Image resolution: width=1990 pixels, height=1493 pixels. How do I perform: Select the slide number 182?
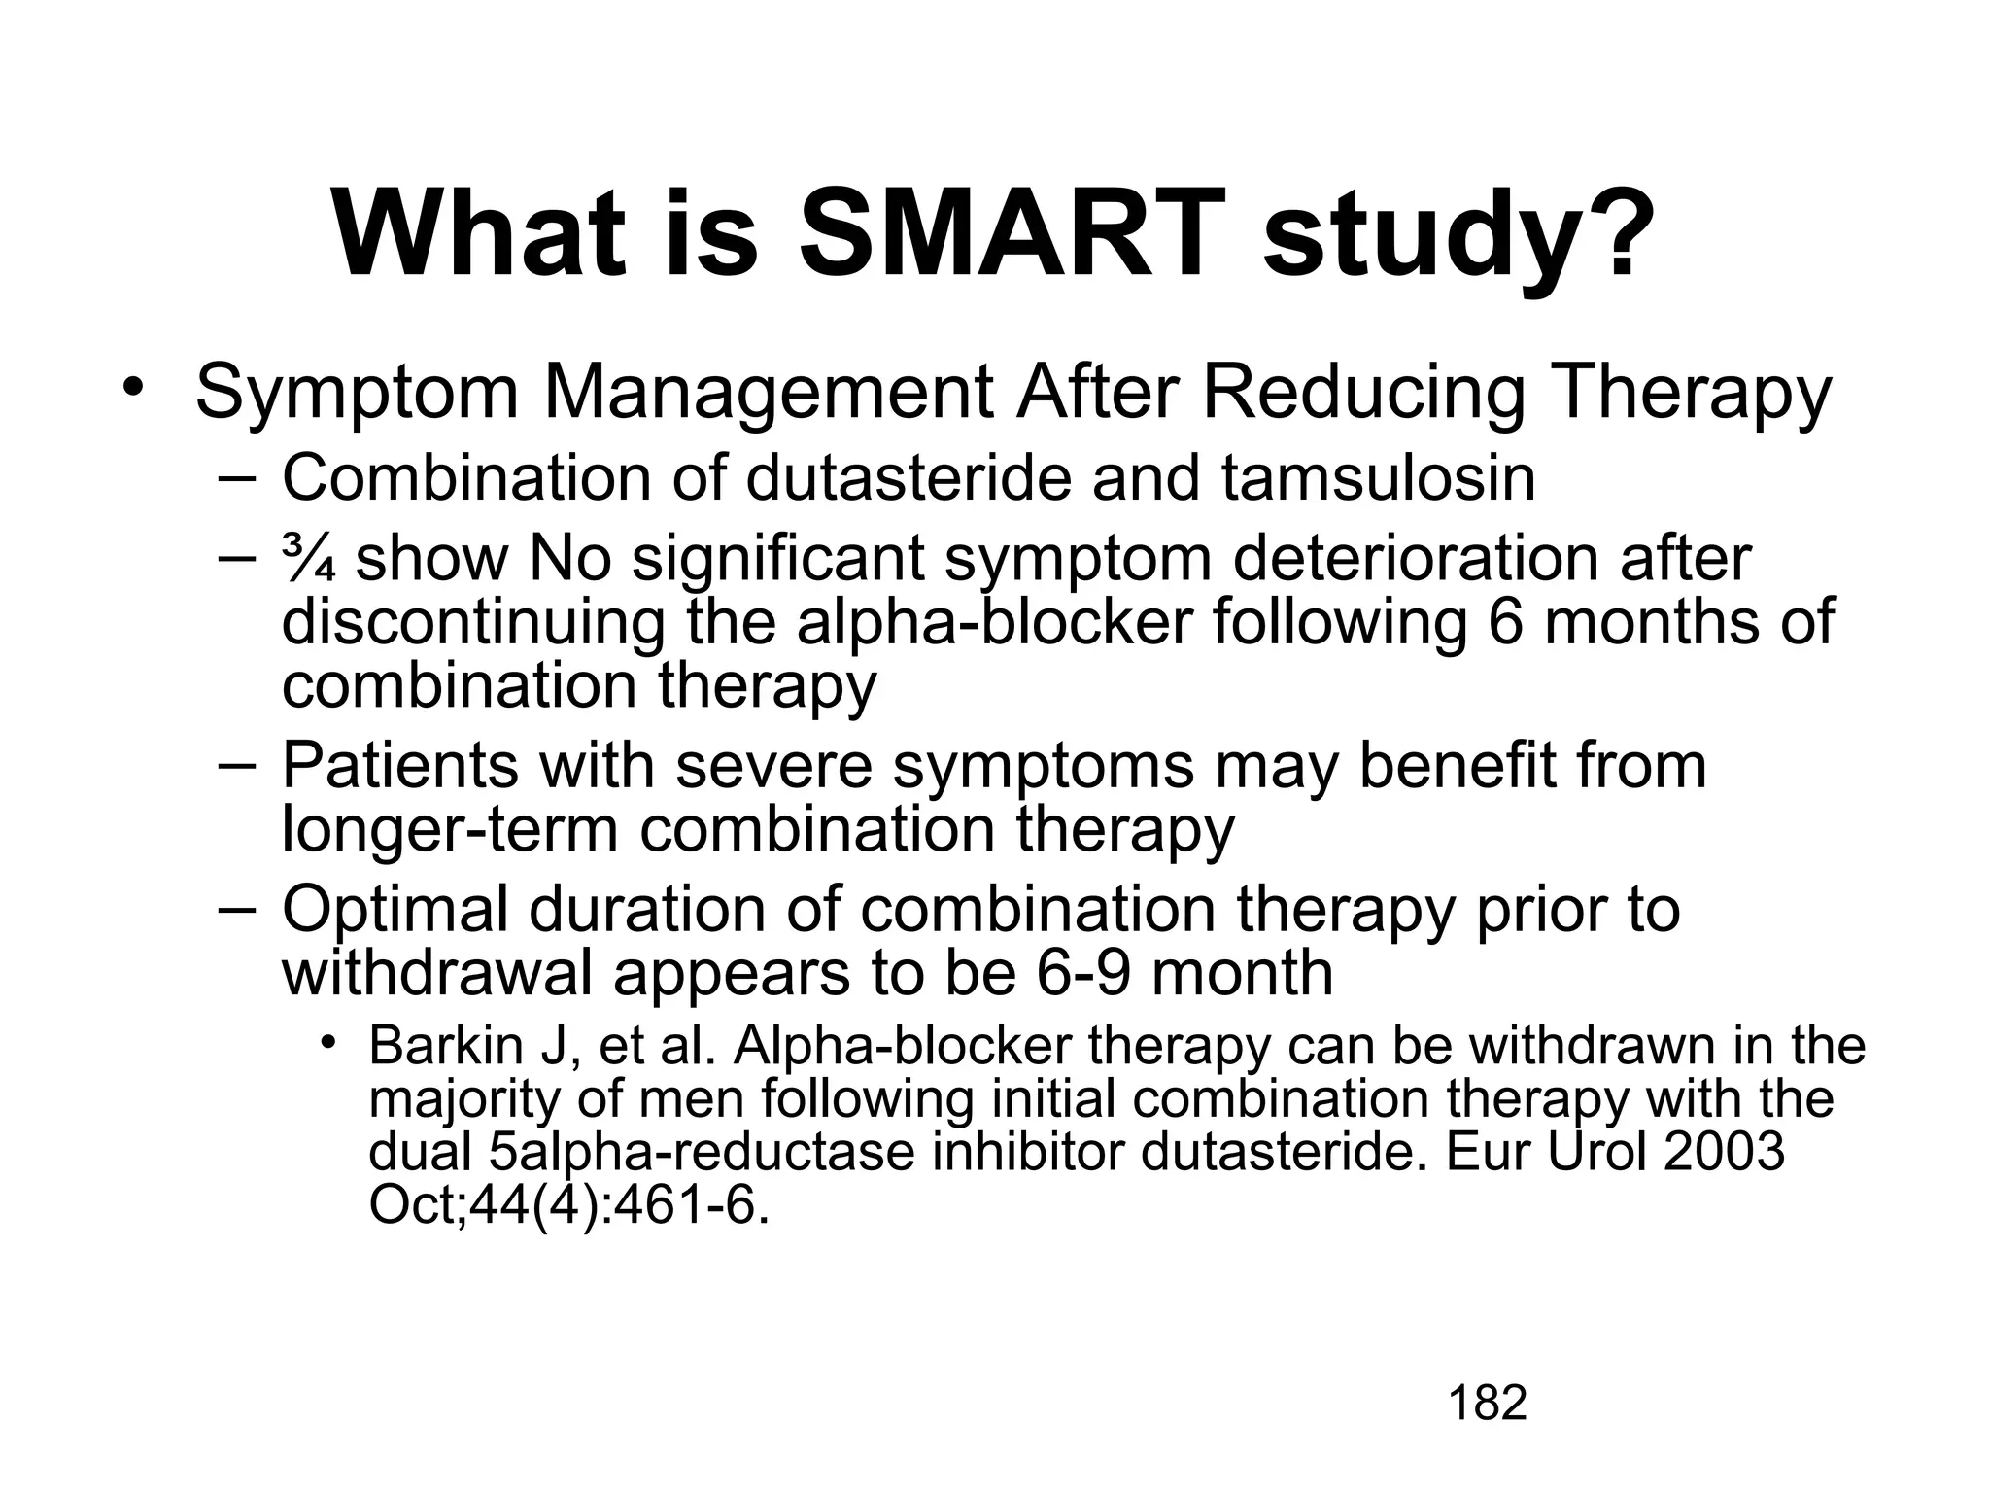point(1488,1404)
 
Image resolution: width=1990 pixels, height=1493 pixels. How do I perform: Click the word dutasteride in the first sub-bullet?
point(908,478)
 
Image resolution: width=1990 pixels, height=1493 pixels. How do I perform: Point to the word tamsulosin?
point(1378,478)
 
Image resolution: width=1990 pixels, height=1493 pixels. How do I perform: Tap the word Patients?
point(400,765)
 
